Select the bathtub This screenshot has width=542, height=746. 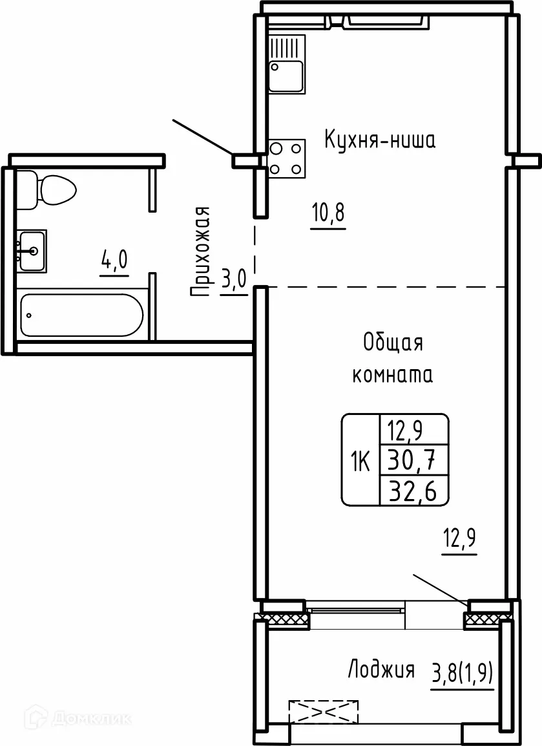click(81, 315)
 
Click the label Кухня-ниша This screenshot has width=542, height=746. click(379, 140)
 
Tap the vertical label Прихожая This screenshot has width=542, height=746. click(201, 252)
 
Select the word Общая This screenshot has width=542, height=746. click(393, 343)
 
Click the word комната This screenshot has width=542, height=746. click(392, 375)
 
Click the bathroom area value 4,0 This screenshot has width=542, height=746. click(114, 262)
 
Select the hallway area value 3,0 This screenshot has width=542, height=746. click(234, 281)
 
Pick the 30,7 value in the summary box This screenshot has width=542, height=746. click(410, 461)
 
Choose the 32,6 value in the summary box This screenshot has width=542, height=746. click(410, 492)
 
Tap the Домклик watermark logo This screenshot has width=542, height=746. click(77, 717)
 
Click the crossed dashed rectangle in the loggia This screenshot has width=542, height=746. click(324, 711)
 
